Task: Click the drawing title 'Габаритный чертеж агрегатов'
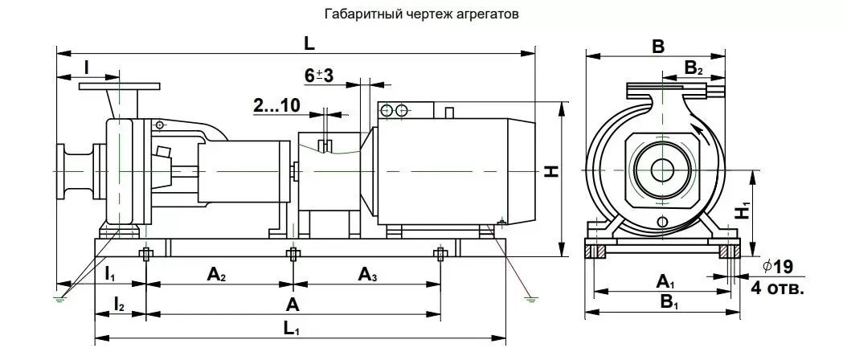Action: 421,14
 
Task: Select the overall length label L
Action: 309,43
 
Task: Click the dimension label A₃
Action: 368,275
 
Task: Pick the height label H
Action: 551,171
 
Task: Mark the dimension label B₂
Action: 694,68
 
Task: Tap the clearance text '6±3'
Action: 319,76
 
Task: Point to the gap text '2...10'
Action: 277,105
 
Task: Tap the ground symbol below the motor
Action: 530,298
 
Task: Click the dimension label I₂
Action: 120,305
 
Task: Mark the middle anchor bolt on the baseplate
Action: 293,254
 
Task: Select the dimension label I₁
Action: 109,275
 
